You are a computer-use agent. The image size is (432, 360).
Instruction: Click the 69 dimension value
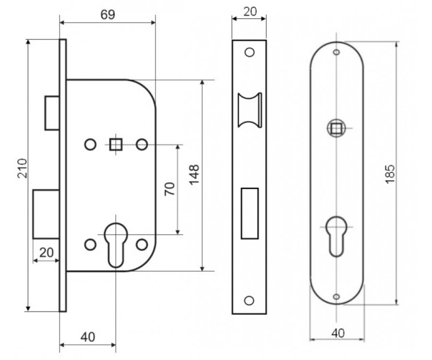pyautogui.click(x=108, y=15)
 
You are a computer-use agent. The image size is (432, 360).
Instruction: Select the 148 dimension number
pyautogui.click(x=194, y=175)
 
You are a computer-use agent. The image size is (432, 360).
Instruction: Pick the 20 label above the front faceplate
pyautogui.click(x=250, y=12)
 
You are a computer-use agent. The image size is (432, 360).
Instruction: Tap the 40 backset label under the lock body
pyautogui.click(x=87, y=337)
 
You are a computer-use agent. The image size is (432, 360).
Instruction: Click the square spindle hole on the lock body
pyautogui.click(x=115, y=144)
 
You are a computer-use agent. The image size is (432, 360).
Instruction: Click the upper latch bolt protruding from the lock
pyautogui.click(x=52, y=113)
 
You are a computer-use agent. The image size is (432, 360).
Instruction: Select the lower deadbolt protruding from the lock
pyautogui.click(x=46, y=214)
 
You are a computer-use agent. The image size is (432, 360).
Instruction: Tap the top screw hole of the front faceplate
pyautogui.click(x=249, y=52)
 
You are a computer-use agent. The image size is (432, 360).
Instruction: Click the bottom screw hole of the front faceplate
pyautogui.click(x=249, y=300)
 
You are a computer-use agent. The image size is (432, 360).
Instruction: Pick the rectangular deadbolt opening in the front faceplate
pyautogui.click(x=249, y=213)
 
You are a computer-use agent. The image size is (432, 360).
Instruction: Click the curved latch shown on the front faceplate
pyautogui.click(x=250, y=110)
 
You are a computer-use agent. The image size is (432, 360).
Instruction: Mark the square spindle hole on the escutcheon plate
pyautogui.click(x=336, y=128)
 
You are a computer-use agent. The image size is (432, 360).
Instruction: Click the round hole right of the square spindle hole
pyautogui.click(x=142, y=144)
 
